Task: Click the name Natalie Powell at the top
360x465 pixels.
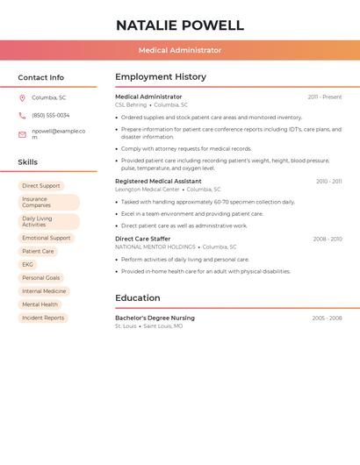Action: [180, 25]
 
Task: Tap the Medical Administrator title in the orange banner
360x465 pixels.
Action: [180, 50]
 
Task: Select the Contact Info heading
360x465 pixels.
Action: [41, 77]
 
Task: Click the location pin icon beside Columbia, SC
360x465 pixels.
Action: [22, 98]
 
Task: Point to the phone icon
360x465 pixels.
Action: [22, 115]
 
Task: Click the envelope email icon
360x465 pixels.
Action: [22, 134]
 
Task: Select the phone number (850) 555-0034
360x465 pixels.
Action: [51, 115]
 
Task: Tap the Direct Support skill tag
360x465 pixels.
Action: [41, 186]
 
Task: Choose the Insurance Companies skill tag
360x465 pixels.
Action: [48, 202]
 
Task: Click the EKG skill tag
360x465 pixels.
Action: [28, 264]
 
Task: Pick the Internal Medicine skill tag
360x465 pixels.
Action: [44, 291]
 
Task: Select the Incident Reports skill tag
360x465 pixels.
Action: [43, 318]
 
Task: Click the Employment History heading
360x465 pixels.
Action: [161, 77]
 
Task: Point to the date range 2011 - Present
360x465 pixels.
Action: [325, 97]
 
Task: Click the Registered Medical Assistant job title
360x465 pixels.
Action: [158, 181]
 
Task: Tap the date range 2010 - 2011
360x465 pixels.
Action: [329, 182]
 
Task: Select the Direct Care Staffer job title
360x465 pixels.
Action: [143, 239]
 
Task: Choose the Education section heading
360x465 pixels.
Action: [138, 298]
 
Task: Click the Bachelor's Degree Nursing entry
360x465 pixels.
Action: [155, 318]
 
